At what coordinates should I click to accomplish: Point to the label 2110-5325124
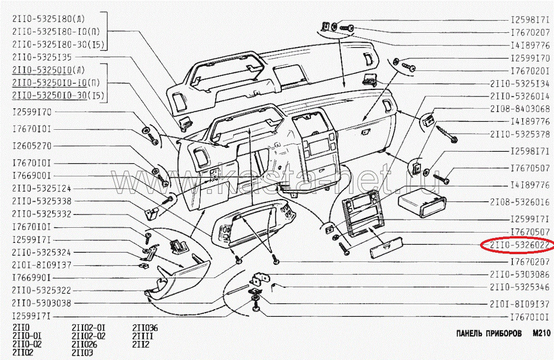pyautogui.click(x=41, y=189)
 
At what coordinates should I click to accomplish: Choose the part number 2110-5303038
pyautogui.click(x=41, y=302)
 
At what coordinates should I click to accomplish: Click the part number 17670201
pyautogui.click(x=530, y=71)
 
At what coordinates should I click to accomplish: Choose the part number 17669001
pyautogui.click(x=32, y=176)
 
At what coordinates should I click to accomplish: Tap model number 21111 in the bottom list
pyautogui.click(x=142, y=336)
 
